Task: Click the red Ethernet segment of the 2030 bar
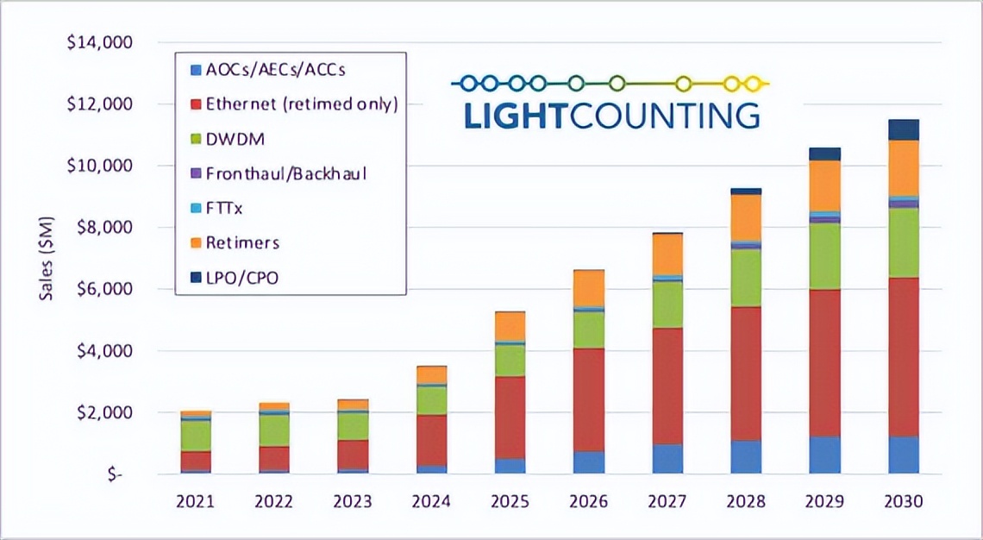(904, 357)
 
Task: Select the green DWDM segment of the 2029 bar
(825, 256)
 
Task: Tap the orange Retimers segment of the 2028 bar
(746, 217)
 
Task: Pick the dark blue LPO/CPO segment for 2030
(904, 129)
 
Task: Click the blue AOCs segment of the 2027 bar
(667, 459)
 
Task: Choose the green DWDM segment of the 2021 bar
(196, 436)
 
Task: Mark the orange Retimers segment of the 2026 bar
(589, 287)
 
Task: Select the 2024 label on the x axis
(431, 501)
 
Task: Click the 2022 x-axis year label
(274, 501)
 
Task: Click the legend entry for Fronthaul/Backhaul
(285, 173)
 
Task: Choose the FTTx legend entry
(226, 208)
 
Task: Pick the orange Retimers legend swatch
(193, 242)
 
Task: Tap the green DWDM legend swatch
(193, 139)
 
